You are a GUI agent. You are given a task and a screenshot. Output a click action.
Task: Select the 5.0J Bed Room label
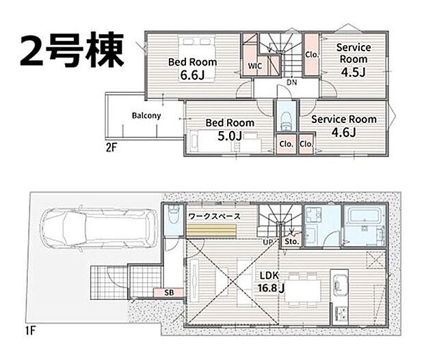coord(230,128)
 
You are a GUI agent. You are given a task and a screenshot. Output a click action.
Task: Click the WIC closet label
coord(254,66)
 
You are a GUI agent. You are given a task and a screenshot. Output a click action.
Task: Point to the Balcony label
coord(146,115)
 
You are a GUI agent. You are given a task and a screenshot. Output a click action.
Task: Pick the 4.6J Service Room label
coord(344,125)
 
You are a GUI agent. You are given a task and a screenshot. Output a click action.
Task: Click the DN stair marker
coord(291,82)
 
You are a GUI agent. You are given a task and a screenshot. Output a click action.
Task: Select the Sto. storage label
coord(291,241)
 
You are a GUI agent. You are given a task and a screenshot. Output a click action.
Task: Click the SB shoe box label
coord(168,292)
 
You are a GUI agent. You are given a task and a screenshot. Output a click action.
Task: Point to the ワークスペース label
coord(214,216)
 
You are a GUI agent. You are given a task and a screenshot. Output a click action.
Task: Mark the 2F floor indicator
coord(111,147)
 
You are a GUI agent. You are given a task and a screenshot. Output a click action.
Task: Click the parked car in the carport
coord(95,226)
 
